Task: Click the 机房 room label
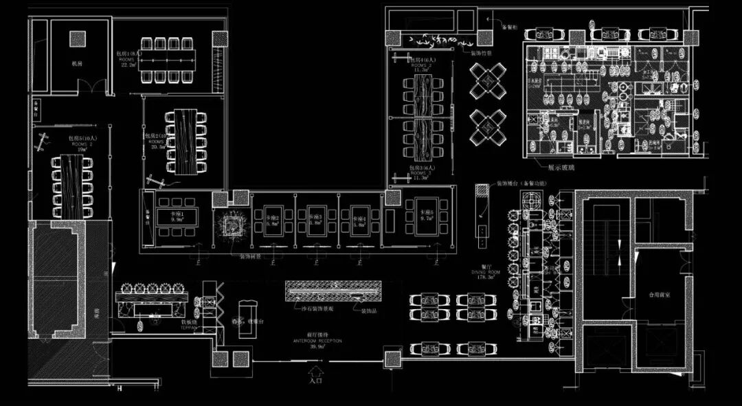(x=77, y=63)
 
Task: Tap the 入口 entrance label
(x=315, y=379)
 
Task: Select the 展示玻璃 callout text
(x=562, y=166)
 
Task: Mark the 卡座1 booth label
(x=168, y=214)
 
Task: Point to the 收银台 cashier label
(x=256, y=319)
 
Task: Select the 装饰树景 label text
(x=249, y=258)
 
